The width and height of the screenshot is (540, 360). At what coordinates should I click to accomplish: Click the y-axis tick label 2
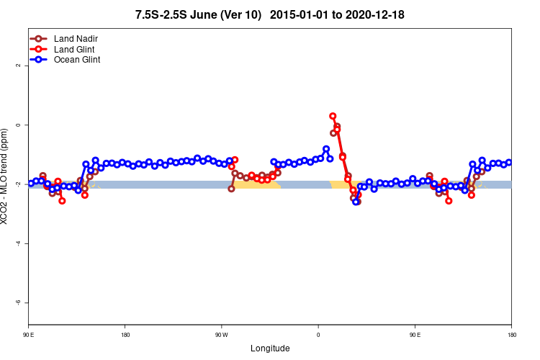point(17,66)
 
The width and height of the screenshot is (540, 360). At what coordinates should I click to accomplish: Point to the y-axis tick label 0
point(17,125)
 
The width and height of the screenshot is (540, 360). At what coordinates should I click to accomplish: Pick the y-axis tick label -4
point(17,243)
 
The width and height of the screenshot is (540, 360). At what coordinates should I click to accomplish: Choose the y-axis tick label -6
point(17,302)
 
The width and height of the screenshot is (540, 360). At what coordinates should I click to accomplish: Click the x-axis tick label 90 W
point(221,336)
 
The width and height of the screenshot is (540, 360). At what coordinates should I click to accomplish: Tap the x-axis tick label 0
point(318,336)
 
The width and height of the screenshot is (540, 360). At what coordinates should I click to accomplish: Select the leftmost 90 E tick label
point(28,336)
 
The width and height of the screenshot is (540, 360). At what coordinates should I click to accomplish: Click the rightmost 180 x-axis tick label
point(511,336)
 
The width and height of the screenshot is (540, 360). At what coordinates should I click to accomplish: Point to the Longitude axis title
point(270,348)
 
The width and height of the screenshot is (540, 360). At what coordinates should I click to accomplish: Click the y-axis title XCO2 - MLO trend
point(6,176)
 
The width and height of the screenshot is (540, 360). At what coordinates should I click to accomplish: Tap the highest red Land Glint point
point(333,116)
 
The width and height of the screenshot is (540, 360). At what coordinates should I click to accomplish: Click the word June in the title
point(205,14)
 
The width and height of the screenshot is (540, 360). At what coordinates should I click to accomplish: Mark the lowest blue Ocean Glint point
point(356,202)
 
